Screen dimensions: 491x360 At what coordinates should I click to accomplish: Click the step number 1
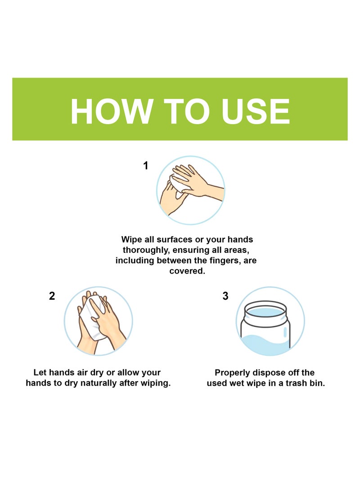pyautogui.click(x=145, y=166)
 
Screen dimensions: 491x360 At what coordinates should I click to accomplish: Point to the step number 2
pyautogui.click(x=52, y=296)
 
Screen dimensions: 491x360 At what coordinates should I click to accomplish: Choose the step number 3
pyautogui.click(x=225, y=296)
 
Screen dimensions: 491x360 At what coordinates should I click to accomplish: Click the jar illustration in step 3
pyautogui.click(x=265, y=326)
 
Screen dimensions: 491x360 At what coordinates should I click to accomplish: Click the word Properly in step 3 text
pyautogui.click(x=234, y=373)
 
